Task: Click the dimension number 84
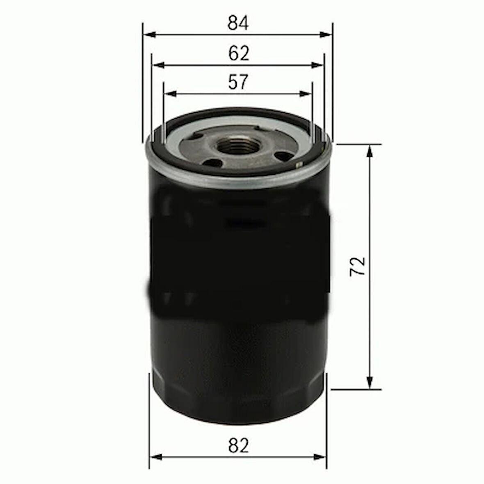pos(238,23)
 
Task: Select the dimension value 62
pos(239,53)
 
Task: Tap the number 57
pos(238,82)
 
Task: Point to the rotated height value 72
pos(358,267)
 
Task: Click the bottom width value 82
pos(239,445)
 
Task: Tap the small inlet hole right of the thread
pos(282,155)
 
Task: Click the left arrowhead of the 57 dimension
pos(169,94)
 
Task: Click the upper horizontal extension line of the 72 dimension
pos(357,144)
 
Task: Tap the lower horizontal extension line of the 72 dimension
pos(357,389)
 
